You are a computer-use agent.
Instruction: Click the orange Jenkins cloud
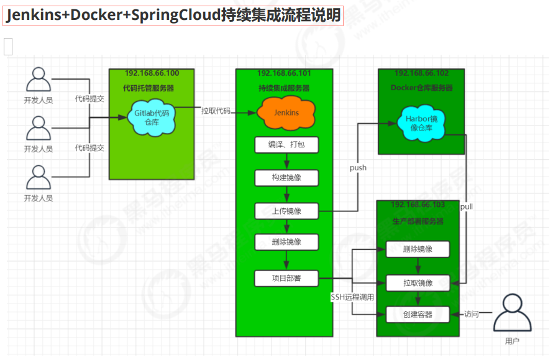(x=286, y=113)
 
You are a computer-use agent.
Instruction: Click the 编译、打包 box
(x=286, y=145)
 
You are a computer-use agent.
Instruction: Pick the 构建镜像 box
(x=286, y=178)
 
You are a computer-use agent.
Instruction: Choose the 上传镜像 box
(x=286, y=211)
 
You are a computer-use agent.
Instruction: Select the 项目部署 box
(x=286, y=277)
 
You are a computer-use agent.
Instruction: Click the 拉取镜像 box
(x=418, y=282)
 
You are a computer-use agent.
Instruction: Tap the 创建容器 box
(x=418, y=315)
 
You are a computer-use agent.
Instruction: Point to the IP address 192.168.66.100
(x=152, y=73)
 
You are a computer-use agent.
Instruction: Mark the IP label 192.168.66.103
(x=418, y=205)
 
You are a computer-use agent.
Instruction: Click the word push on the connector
(x=358, y=168)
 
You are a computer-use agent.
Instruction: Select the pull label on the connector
(x=467, y=206)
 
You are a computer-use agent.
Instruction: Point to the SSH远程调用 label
(x=352, y=297)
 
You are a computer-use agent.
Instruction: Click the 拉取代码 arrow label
(x=216, y=111)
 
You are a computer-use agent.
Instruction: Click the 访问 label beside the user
(x=472, y=315)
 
